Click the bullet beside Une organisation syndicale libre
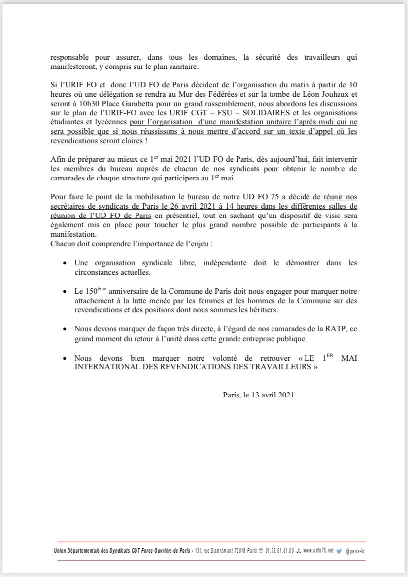coord(66,264)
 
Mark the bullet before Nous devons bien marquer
coord(66,358)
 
